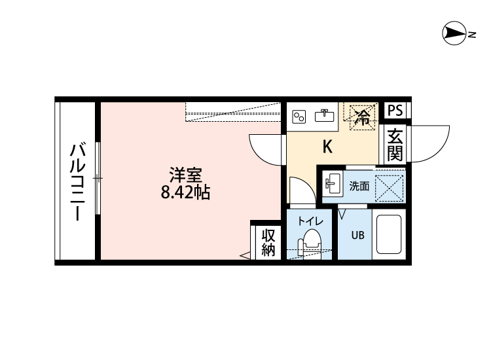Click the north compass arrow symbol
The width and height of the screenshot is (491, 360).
coord(453,32)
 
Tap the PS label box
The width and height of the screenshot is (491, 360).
coord(395,111)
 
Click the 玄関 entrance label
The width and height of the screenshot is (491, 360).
coord(394,145)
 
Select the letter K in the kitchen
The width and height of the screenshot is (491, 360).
coord(327,147)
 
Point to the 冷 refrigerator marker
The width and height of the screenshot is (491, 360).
coord(361,117)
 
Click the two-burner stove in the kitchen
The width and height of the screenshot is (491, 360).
coord(299,117)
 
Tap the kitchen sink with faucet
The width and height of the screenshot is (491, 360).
coord(324,117)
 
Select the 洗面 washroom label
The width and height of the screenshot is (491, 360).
coord(359,186)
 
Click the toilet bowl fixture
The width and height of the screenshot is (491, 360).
coord(310,245)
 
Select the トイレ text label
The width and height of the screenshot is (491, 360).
coord(310,221)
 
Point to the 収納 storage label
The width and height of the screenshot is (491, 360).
coord(268,242)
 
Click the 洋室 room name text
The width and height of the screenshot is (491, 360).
coord(185,175)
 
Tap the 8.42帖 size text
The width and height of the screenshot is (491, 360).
coord(185,193)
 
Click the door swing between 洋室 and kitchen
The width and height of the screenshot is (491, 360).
coord(267,149)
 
